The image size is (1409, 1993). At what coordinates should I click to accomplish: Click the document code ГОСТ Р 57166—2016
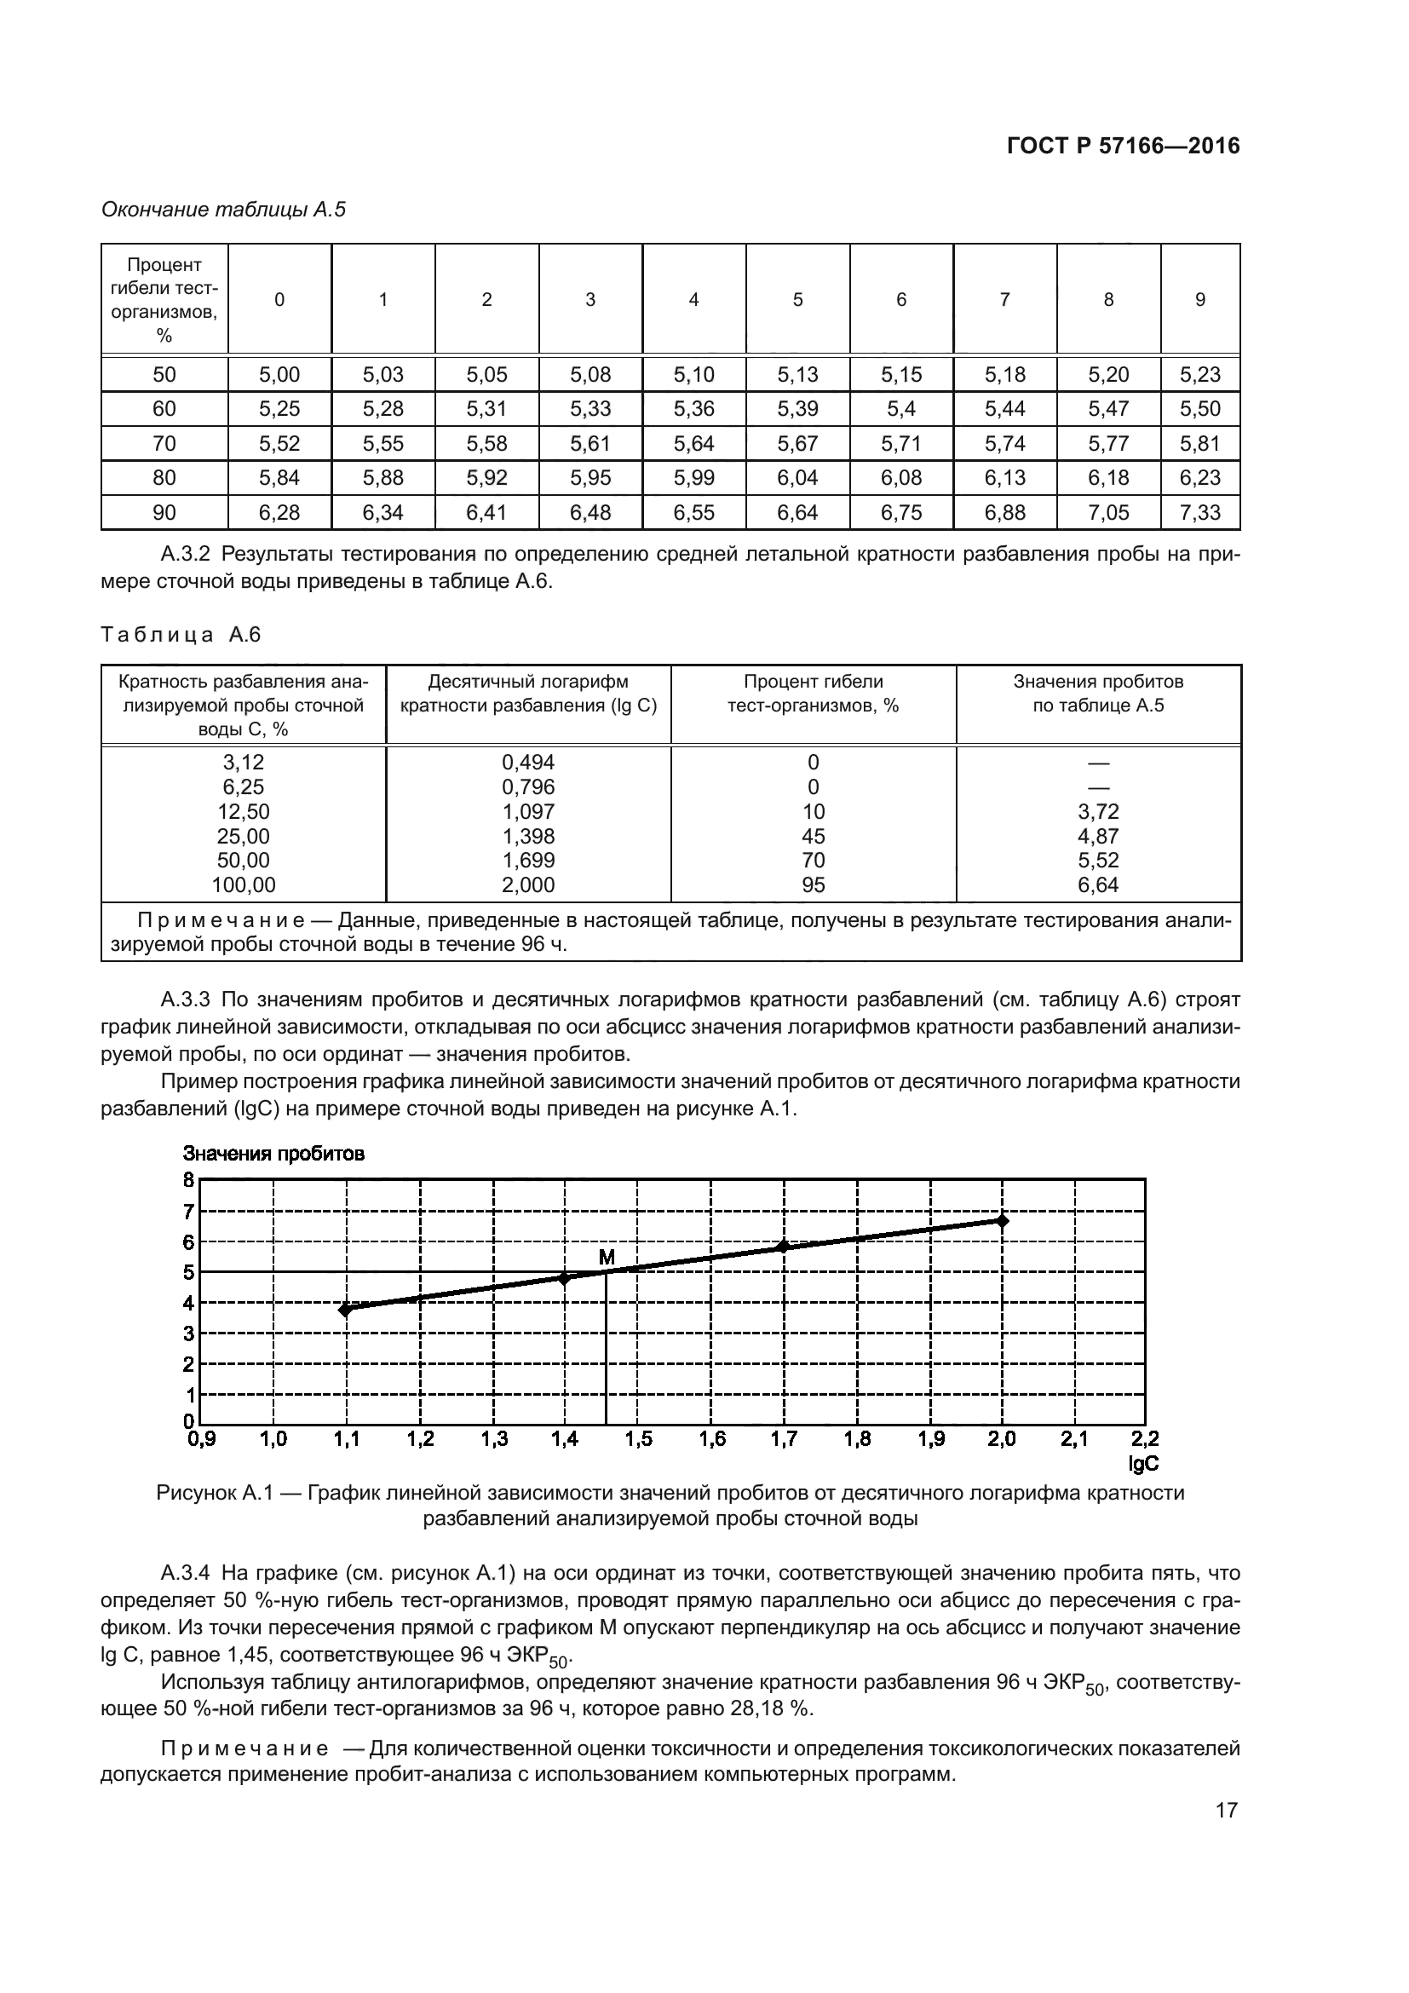tap(1123, 146)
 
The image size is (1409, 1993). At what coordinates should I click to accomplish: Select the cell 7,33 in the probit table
tap(1200, 513)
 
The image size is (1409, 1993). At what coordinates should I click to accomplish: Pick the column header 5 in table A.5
tap(797, 299)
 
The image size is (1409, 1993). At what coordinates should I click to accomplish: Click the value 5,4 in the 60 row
tap(900, 409)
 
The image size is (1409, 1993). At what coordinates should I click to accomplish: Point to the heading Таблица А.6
tap(181, 635)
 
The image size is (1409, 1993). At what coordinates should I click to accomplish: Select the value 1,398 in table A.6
tap(527, 836)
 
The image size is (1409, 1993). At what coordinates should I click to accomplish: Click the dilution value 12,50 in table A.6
tap(243, 812)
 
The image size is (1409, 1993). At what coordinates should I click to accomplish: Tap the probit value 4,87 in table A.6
tap(1097, 836)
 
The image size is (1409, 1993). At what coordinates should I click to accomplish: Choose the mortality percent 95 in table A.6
tap(813, 885)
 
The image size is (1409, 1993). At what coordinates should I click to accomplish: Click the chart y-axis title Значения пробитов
tap(273, 1154)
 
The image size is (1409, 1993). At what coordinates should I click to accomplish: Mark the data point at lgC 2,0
tap(1002, 1220)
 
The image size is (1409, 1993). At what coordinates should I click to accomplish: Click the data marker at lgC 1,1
tap(345, 1310)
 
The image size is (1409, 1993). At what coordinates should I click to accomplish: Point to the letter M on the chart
tap(607, 1257)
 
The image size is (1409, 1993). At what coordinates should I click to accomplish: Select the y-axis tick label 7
tap(188, 1211)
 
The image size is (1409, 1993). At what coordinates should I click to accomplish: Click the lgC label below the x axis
tap(1142, 1465)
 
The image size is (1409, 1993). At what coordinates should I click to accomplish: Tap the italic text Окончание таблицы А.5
tap(223, 210)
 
